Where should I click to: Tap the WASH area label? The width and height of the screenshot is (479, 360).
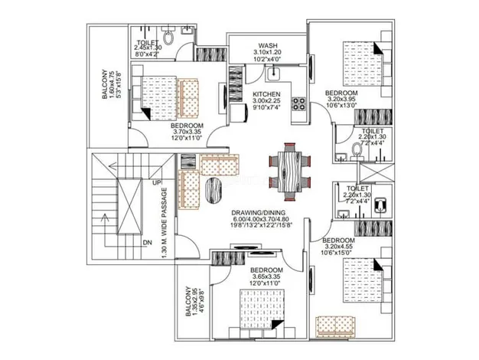(268, 45)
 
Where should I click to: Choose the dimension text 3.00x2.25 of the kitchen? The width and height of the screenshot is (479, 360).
(268, 104)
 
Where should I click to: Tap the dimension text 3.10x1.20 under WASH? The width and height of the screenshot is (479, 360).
(268, 54)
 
